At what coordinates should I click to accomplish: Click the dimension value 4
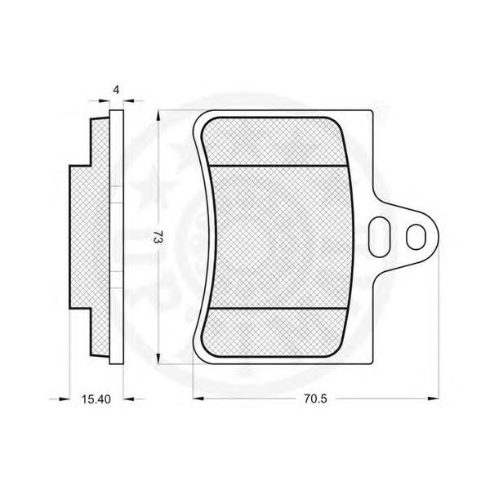point(116,90)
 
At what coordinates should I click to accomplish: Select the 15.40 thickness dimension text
point(96,399)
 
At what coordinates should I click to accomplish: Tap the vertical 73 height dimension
point(159,238)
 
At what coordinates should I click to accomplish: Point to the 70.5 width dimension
point(315,399)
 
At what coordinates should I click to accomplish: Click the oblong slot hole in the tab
point(380,237)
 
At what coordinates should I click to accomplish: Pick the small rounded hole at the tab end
point(416,237)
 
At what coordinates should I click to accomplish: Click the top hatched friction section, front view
point(274,141)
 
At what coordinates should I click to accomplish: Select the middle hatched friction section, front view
point(281,237)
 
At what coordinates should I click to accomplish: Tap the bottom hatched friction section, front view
point(274,332)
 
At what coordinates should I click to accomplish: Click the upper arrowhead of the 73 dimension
point(158,116)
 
